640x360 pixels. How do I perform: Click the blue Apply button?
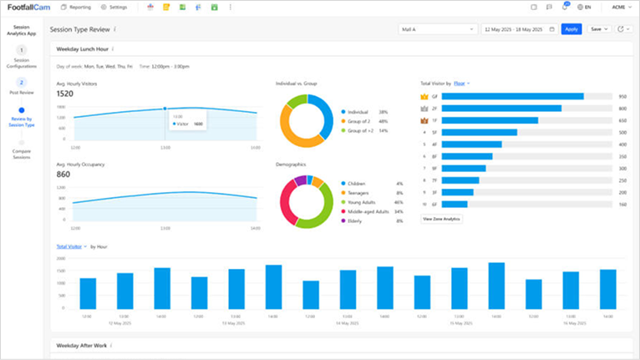(571, 29)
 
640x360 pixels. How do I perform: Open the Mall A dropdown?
(437, 29)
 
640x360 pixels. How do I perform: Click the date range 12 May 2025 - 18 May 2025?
(518, 29)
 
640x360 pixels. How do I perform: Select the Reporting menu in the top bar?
(76, 7)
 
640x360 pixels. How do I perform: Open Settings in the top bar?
(115, 7)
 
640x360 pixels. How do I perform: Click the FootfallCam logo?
(28, 8)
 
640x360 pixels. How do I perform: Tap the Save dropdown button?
(599, 29)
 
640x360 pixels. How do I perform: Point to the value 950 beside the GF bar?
(622, 97)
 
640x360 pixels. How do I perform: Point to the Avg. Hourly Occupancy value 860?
(63, 175)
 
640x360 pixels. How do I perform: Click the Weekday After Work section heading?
(81, 345)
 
